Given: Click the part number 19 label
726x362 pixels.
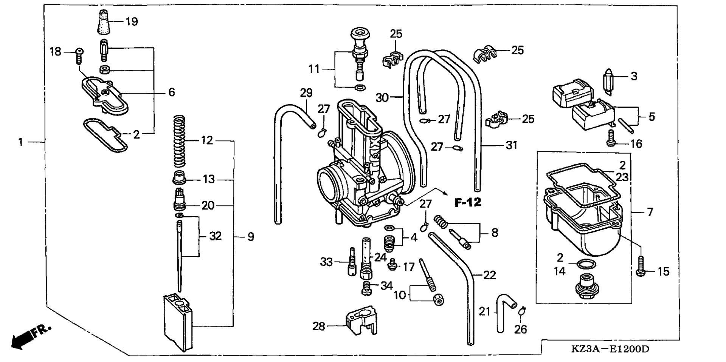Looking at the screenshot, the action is [132, 22].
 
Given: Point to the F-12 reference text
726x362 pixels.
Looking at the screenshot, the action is [468, 203].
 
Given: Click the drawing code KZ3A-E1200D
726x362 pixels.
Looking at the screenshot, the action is [610, 349].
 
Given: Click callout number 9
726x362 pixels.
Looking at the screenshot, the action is [251, 237].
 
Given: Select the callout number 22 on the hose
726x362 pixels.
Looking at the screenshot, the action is [489, 275].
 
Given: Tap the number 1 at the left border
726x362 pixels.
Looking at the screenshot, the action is [21, 142].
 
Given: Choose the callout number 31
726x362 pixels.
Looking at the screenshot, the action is [511, 145].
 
